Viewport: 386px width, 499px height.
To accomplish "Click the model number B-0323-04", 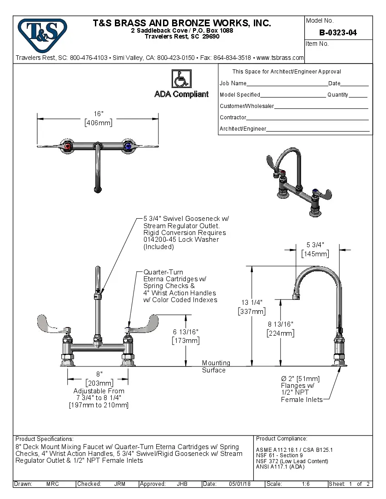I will coord(338,32).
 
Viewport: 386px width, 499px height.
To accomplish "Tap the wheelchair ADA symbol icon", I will coord(181,79).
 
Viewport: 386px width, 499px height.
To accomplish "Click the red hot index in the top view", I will coord(68,146).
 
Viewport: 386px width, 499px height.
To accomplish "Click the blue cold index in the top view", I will coord(128,146).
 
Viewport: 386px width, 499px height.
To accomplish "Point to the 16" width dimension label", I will coord(99,113).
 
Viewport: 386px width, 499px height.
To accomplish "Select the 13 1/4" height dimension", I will coord(252,303).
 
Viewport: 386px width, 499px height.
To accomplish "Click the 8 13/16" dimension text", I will coord(280,324).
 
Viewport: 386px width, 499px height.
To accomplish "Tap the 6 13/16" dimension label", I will coord(185,332).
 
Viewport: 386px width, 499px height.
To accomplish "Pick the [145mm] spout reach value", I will coord(315,254).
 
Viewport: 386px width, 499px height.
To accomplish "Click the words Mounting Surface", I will coord(216,367).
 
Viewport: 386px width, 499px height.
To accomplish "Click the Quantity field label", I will coord(338,95).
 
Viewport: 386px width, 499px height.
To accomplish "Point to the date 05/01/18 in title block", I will coord(240,484).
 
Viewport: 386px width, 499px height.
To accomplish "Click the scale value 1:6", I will coord(306,484).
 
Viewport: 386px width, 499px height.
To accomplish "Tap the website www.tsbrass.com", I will coord(280,58).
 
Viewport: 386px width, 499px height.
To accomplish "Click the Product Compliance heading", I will coord(282,439).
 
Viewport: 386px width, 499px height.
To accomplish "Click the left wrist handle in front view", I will coord(52,324).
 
